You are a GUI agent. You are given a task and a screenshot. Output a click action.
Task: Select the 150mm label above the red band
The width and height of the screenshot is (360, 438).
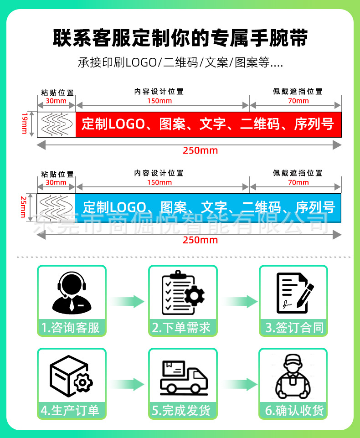159,101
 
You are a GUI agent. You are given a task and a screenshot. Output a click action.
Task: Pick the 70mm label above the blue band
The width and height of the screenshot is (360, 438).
298,182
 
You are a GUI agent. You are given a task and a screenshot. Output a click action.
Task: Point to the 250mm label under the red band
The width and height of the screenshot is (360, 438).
201,150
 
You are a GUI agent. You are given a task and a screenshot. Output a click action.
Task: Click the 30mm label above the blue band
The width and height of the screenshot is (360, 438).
56,182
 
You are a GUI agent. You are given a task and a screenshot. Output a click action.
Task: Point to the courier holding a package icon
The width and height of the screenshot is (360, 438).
293,376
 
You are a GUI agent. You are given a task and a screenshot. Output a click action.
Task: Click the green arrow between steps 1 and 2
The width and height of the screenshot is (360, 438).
127,301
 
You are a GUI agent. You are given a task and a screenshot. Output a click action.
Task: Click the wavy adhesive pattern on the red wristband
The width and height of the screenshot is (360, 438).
57,124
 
